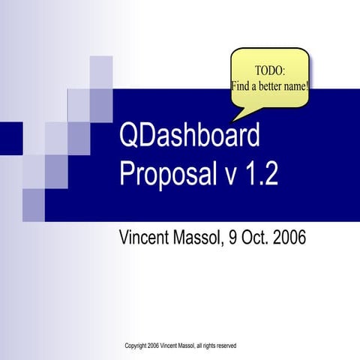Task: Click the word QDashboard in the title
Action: tap(190, 137)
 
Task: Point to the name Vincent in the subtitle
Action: tap(146, 238)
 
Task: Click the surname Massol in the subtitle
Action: tap(199, 238)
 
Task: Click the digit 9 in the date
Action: tap(232, 238)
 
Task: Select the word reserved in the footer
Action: tap(224, 346)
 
